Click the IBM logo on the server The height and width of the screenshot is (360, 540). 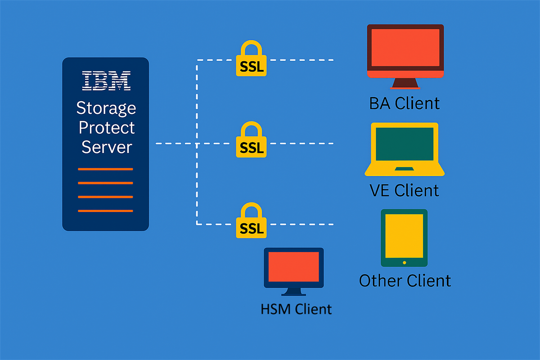(x=106, y=81)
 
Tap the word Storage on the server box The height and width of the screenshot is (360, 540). (x=106, y=108)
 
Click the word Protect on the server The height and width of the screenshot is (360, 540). (x=106, y=127)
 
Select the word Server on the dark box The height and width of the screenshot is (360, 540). (x=107, y=147)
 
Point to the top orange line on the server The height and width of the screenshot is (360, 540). (x=105, y=169)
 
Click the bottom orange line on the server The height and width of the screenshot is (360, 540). (x=105, y=211)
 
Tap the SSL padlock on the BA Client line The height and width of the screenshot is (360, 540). (x=251, y=58)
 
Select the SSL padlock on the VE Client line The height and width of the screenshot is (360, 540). (x=251, y=139)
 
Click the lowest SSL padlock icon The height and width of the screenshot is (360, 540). (x=251, y=220)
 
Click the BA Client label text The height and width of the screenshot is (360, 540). (x=404, y=103)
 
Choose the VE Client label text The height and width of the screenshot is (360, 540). (x=404, y=190)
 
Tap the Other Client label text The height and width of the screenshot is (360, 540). (x=405, y=281)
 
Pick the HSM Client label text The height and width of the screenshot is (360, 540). (x=296, y=309)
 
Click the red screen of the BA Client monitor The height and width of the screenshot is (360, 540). (x=405, y=48)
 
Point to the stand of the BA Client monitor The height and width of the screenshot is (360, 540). (x=405, y=83)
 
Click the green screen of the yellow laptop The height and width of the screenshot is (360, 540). (x=405, y=144)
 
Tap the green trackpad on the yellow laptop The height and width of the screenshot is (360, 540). (x=404, y=169)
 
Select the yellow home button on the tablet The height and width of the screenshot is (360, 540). (x=404, y=263)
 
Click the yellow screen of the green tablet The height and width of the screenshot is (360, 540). (x=404, y=236)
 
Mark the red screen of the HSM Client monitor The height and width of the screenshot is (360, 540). (x=293, y=267)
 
